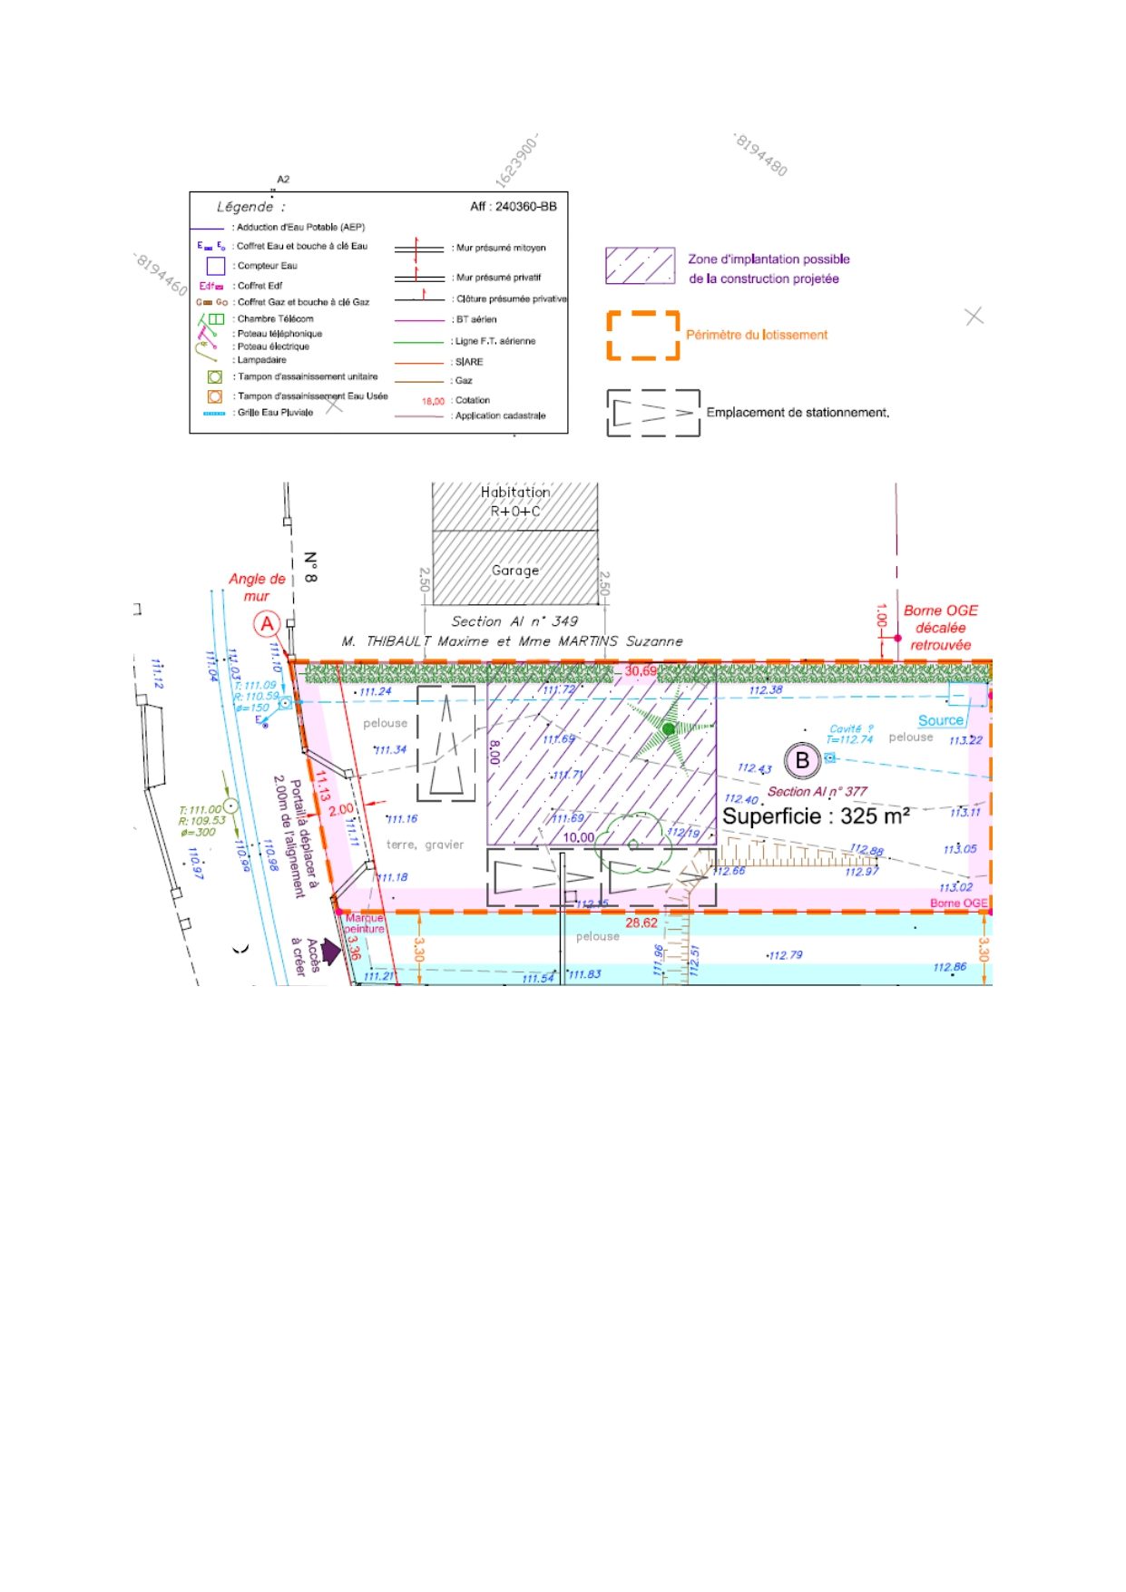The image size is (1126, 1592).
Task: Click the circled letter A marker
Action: [x=267, y=624]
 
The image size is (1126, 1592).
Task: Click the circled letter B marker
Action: [x=802, y=760]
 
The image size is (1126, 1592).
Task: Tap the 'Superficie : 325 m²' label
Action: [x=815, y=816]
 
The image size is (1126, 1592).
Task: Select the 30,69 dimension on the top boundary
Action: [x=641, y=671]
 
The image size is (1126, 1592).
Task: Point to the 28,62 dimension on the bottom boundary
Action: [x=641, y=923]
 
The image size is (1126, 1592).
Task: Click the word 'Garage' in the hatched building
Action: [x=515, y=571]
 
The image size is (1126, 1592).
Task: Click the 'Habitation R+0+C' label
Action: [x=515, y=502]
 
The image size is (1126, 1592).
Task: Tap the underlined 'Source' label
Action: [x=941, y=720]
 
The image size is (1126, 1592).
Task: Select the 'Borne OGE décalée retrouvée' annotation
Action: [x=941, y=628]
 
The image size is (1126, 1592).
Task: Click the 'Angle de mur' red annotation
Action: [x=257, y=587]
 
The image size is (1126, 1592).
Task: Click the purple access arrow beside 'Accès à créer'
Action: [x=331, y=952]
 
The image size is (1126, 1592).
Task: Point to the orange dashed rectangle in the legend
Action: [x=643, y=336]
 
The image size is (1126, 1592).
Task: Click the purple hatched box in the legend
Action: [x=640, y=267]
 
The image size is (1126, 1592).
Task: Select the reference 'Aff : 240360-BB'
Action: [x=513, y=207]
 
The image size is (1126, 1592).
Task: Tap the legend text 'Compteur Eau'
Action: [x=267, y=266]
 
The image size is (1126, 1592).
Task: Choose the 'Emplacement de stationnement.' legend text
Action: [x=798, y=413]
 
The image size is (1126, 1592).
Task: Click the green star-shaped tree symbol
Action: [x=670, y=728]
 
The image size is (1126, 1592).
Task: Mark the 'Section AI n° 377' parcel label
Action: [x=818, y=792]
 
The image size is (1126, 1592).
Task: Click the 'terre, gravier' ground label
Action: [x=425, y=845]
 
